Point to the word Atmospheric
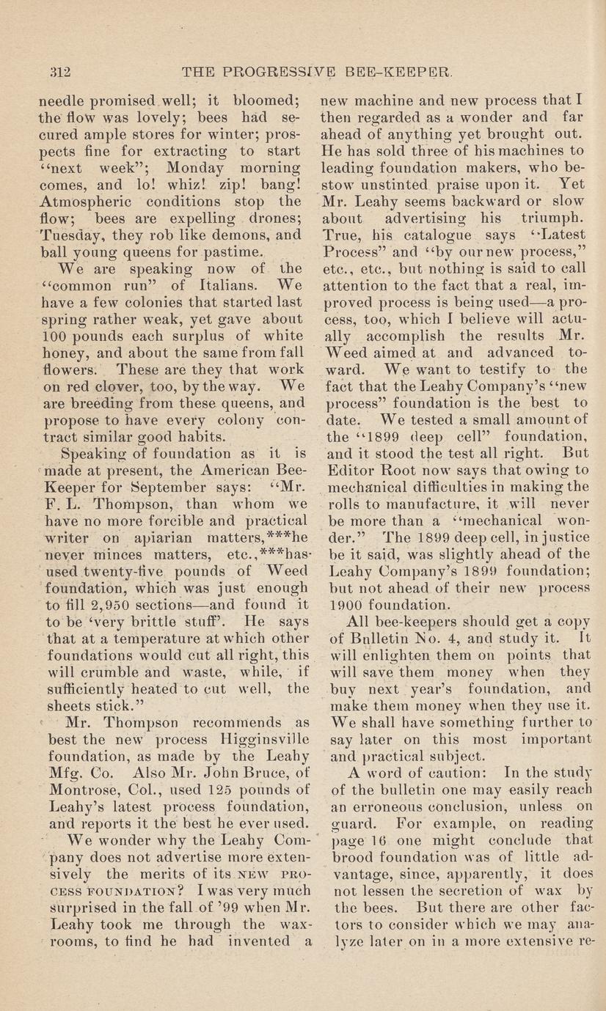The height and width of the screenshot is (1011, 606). point(81,201)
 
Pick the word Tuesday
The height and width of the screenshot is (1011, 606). point(70,235)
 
